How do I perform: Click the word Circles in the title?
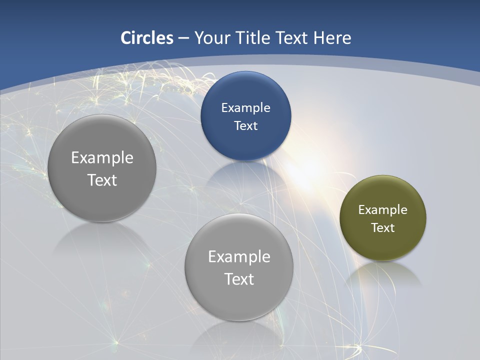click(x=147, y=38)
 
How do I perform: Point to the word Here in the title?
click(x=332, y=38)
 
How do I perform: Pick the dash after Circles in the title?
click(x=183, y=38)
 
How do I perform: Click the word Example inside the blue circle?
click(x=245, y=107)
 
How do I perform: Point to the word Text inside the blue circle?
click(x=245, y=125)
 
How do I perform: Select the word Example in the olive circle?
click(x=382, y=209)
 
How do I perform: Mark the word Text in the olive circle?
click(x=382, y=227)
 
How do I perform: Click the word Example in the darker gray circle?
click(x=102, y=158)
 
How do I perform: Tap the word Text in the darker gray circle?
click(x=102, y=180)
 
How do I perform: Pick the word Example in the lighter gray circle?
click(x=239, y=257)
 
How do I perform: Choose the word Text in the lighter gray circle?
click(x=239, y=279)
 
